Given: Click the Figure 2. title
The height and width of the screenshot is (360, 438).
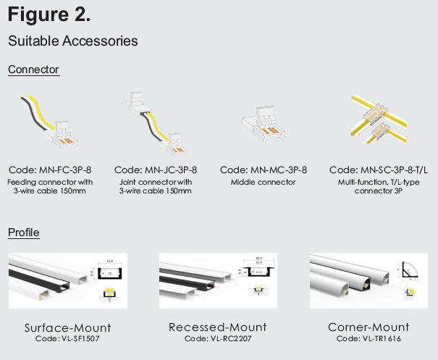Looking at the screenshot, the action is tap(49, 14).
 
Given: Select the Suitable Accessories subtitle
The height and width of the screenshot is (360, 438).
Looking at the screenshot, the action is tap(73, 41).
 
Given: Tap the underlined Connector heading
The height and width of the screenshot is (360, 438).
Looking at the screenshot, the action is tap(33, 70).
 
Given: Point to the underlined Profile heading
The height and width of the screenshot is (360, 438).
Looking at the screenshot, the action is tap(24, 233).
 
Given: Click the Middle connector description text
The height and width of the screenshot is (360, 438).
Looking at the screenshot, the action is tap(263, 183).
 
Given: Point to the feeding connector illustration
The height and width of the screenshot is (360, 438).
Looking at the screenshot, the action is tap(50, 122).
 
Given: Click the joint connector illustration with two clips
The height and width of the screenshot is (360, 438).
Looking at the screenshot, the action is tap(154, 123).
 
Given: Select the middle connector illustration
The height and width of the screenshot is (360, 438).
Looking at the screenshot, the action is tap(264, 123).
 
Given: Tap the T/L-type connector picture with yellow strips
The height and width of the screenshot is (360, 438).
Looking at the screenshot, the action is tap(379, 120).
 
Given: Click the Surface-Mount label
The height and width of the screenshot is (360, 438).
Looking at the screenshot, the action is tap(68, 328).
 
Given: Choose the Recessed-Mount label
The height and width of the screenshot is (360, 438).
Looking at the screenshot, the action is tap(218, 327).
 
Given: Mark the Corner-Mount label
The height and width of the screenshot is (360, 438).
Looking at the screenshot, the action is tap(368, 327).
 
